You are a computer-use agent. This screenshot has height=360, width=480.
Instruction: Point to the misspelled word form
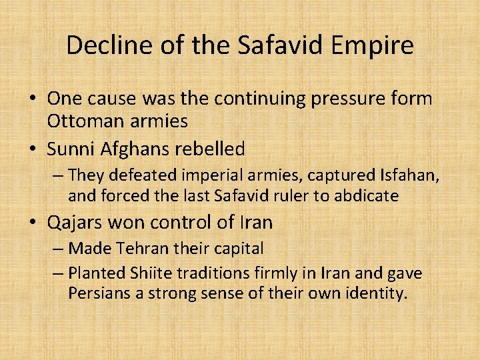pyautogui.click(x=412, y=99)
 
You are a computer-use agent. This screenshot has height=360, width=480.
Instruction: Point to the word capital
pyautogui.click(x=237, y=249)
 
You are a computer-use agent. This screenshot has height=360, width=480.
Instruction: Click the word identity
pyautogui.click(x=375, y=294)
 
